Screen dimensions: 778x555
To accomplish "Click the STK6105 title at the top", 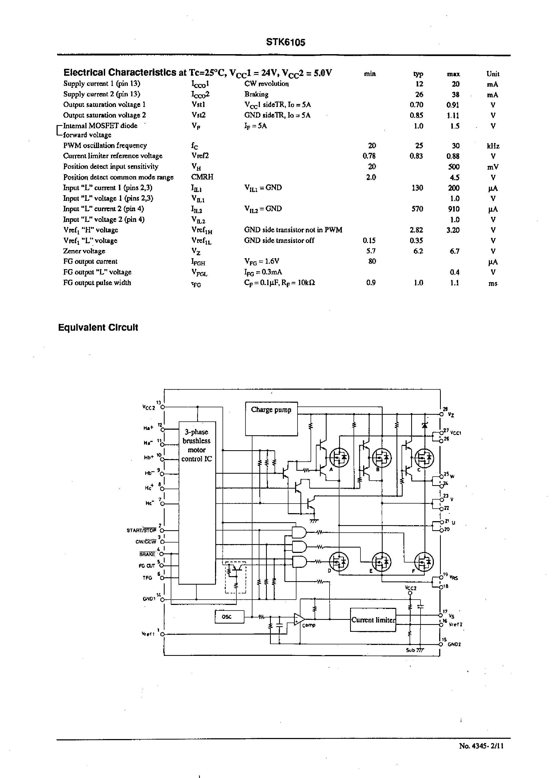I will [x=286, y=42].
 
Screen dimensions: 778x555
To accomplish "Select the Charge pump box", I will [x=271, y=418].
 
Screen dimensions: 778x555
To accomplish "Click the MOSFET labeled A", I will [x=339, y=458].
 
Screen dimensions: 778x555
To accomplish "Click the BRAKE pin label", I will [x=147, y=554].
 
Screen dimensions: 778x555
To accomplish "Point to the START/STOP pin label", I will [x=141, y=530].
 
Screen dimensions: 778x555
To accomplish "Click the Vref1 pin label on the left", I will [x=148, y=634].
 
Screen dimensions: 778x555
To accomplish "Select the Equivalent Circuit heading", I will [x=98, y=328].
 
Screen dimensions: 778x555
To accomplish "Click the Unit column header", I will [x=493, y=74].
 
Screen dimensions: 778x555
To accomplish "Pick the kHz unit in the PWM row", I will [x=493, y=146].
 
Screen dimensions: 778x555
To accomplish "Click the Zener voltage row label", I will [x=84, y=251].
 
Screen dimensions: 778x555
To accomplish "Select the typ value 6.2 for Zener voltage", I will [x=418, y=251].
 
